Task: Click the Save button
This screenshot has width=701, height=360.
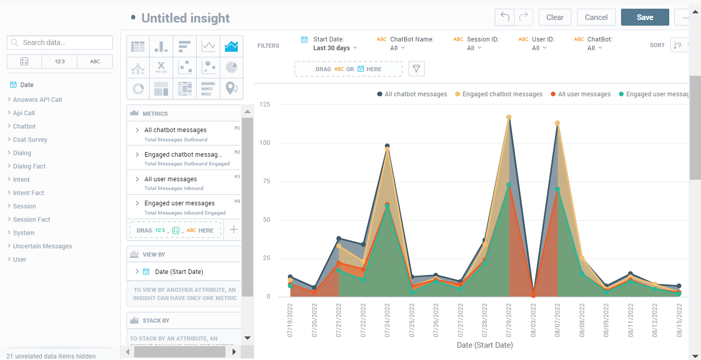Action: pyautogui.click(x=645, y=17)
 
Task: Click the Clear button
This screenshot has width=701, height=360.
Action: pyautogui.click(x=554, y=17)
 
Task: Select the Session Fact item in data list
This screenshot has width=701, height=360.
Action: pyautogui.click(x=31, y=220)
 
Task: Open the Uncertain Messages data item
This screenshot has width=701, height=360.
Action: pyautogui.click(x=42, y=246)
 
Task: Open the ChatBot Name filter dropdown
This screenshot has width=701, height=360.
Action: pyautogui.click(x=398, y=48)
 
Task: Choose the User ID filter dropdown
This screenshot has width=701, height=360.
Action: pyautogui.click(x=539, y=48)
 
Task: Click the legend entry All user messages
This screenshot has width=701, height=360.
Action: pyautogui.click(x=584, y=94)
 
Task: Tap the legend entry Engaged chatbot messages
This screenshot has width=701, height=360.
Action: pyautogui.click(x=502, y=94)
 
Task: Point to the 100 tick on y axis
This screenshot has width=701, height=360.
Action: pyautogui.click(x=265, y=143)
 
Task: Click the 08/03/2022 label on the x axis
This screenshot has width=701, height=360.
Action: pyautogui.click(x=533, y=320)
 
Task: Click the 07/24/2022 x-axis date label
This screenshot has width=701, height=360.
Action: pyautogui.click(x=387, y=320)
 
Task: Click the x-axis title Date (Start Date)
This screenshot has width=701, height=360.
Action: pyautogui.click(x=484, y=345)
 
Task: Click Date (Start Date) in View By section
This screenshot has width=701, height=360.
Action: pyautogui.click(x=179, y=272)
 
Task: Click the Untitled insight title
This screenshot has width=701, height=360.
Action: pyautogui.click(x=185, y=18)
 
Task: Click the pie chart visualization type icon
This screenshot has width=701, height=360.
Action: pyautogui.click(x=232, y=67)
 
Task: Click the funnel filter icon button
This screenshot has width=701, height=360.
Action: pyautogui.click(x=416, y=69)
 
